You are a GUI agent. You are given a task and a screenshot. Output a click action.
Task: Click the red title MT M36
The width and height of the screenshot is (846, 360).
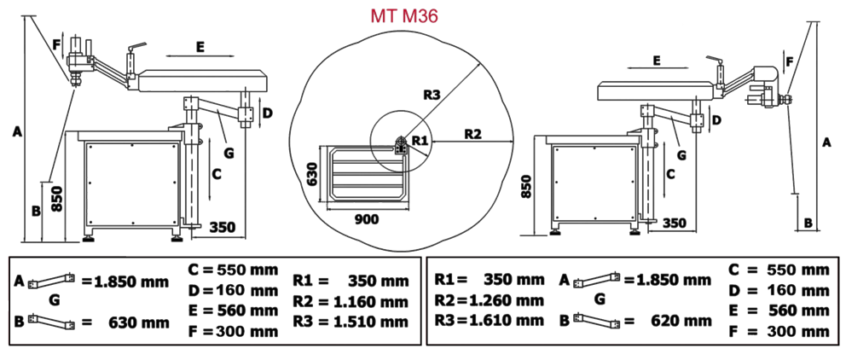click(405, 16)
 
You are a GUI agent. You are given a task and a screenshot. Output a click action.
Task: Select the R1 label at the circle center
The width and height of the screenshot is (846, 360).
click(418, 139)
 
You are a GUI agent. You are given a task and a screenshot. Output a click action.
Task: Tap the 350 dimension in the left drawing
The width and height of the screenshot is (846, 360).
click(222, 227)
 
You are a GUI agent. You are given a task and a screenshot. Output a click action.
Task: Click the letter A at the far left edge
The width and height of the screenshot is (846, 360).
click(14, 131)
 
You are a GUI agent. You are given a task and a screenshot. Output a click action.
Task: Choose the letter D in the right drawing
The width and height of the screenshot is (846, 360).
click(716, 119)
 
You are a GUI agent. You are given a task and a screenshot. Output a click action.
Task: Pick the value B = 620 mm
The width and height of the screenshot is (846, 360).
click(634, 322)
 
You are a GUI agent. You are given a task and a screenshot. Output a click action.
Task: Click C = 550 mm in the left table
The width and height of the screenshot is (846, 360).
click(232, 270)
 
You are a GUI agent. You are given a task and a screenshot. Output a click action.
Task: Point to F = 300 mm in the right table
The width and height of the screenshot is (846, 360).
click(778, 329)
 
